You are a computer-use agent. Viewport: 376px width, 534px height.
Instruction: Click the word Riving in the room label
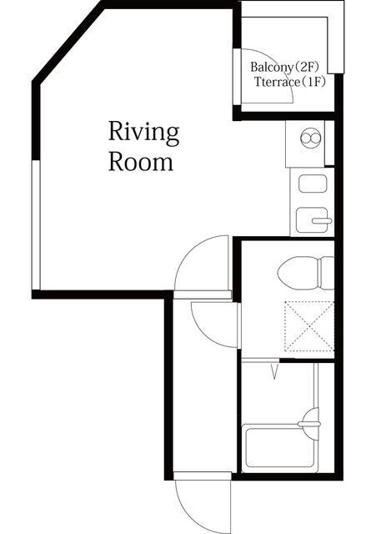click(143, 133)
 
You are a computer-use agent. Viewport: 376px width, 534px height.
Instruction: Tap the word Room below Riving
click(141, 163)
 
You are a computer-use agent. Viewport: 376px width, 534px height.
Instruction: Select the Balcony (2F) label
click(285, 67)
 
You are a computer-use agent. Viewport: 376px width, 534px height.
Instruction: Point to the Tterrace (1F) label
click(290, 82)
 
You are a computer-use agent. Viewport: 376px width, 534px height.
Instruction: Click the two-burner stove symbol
click(311, 138)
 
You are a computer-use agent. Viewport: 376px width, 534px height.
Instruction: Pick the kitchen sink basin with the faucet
click(312, 220)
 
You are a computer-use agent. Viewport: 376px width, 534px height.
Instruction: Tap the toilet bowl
click(298, 273)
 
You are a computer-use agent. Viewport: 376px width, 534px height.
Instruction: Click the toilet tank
click(327, 273)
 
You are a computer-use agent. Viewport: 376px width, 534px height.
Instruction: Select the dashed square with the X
click(309, 326)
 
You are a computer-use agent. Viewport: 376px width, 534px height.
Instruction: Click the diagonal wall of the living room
click(68, 43)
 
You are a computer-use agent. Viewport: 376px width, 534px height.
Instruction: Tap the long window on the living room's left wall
click(36, 225)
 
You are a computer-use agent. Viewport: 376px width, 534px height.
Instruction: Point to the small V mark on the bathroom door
click(275, 371)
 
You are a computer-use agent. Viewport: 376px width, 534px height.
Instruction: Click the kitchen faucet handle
click(322, 220)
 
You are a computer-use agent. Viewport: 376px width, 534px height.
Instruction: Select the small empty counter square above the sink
click(313, 184)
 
